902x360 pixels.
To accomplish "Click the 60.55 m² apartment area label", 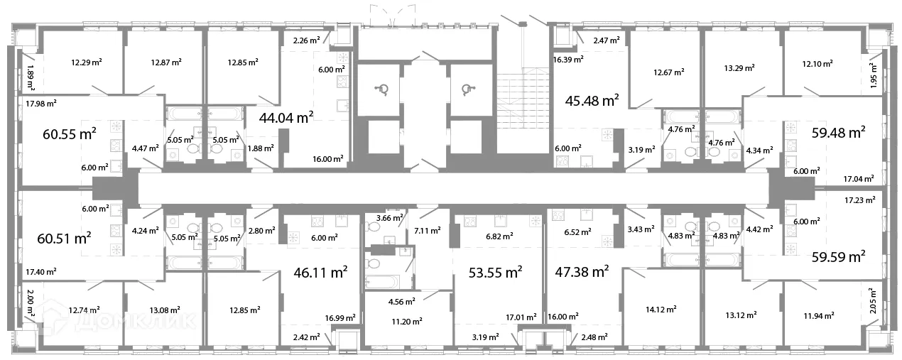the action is pyautogui.click(x=70, y=133).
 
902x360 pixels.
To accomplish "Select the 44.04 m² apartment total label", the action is pyautogui.click(x=286, y=118).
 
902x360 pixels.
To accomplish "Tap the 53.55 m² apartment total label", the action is pyautogui.click(x=495, y=273).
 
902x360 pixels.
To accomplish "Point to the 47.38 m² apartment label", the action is pyautogui.click(x=582, y=272).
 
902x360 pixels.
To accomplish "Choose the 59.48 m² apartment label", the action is pyautogui.click(x=838, y=133).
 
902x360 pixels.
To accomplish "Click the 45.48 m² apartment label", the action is pyautogui.click(x=592, y=100).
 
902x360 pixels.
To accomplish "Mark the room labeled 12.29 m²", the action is pyautogui.click(x=87, y=62).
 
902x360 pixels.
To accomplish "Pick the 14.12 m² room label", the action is pyautogui.click(x=661, y=310).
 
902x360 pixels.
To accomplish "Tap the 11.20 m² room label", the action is pyautogui.click(x=407, y=322).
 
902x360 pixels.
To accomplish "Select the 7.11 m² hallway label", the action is pyautogui.click(x=428, y=231).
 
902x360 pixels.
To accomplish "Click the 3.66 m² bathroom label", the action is pyautogui.click(x=389, y=218).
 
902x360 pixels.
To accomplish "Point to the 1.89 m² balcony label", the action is pyautogui.click(x=31, y=77).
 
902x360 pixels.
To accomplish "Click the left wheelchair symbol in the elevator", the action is pyautogui.click(x=381, y=89).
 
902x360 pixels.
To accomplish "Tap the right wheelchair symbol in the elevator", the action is pyautogui.click(x=467, y=89).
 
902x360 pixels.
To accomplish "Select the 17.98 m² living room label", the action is pyautogui.click(x=41, y=104).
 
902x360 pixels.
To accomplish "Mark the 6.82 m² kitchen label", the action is pyautogui.click(x=499, y=236).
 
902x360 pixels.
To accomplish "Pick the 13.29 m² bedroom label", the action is pyautogui.click(x=739, y=68).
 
